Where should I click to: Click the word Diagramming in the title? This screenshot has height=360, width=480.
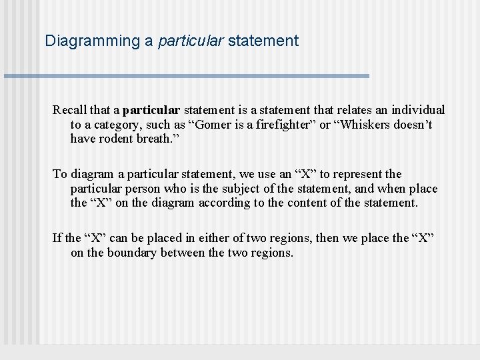tap(92, 41)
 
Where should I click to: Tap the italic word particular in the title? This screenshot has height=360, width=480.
tap(191, 41)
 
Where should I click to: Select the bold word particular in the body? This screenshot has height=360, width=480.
tap(151, 110)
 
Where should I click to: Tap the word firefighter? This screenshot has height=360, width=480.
tap(287, 125)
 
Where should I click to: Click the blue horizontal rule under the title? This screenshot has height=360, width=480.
tap(187, 76)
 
